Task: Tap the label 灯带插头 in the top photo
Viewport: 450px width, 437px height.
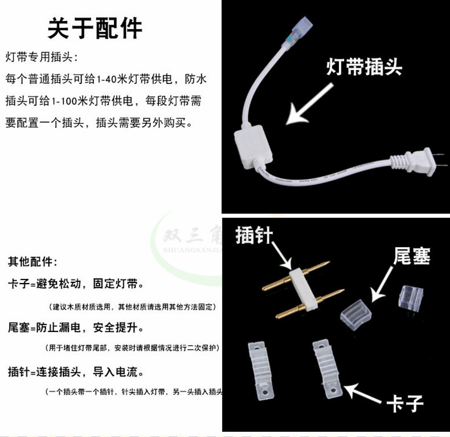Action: point(364,67)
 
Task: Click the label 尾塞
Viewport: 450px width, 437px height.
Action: point(411,256)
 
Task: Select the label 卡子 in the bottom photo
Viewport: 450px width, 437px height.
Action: point(405,403)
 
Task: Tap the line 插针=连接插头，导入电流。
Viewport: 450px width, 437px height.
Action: point(75,373)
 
